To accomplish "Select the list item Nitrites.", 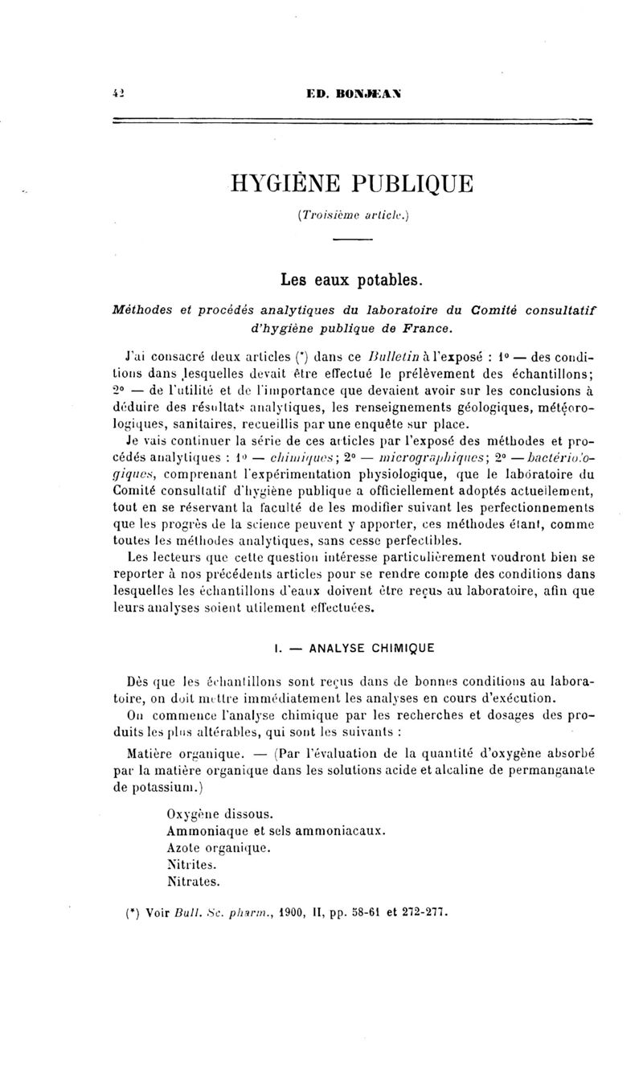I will pos(190,864).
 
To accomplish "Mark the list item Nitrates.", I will pos(193,881).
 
